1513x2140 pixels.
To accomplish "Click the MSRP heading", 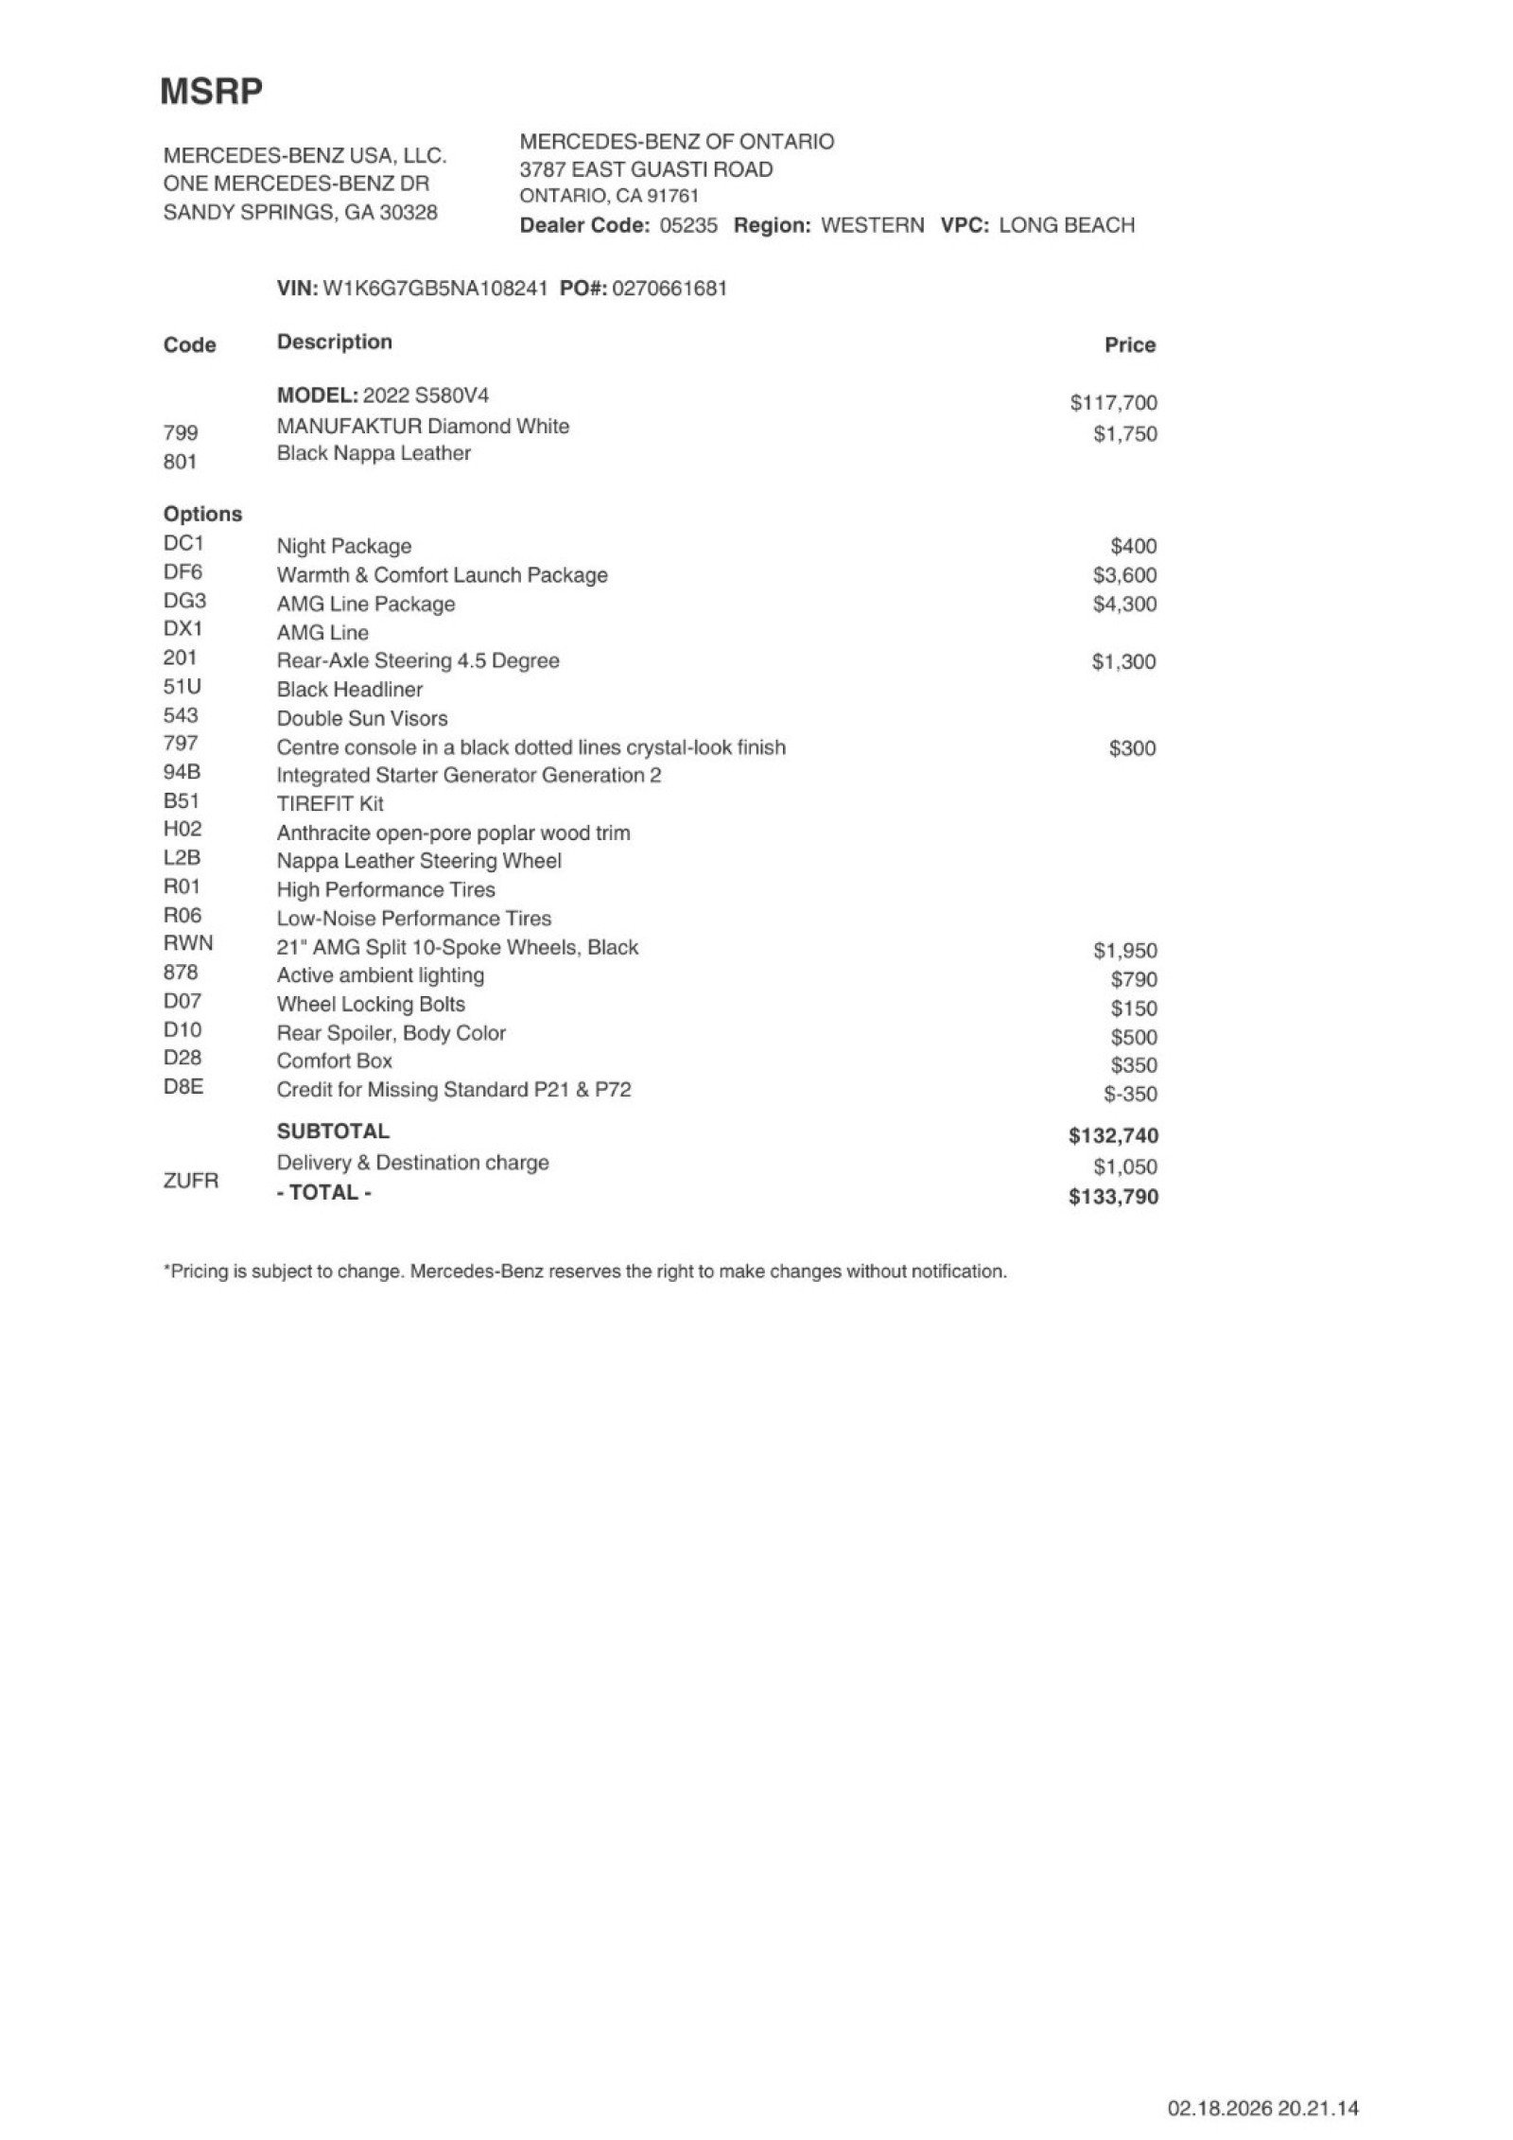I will (x=211, y=92).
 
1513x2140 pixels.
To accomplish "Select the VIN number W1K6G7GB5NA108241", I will (x=435, y=289).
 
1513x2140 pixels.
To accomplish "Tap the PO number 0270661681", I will (x=670, y=289).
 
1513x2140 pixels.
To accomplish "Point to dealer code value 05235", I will (x=688, y=225).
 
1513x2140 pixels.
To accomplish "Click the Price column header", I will (x=1130, y=345).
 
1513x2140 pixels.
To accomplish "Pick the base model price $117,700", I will (x=1113, y=403).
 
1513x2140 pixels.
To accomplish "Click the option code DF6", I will (x=183, y=572).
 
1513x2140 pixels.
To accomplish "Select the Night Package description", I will (x=344, y=546).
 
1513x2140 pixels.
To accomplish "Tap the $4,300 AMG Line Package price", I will (x=1124, y=604).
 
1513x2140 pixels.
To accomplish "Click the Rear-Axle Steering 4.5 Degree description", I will (x=418, y=660).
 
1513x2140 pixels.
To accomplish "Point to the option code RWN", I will (x=188, y=943).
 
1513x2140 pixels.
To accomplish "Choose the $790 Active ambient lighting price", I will (x=1134, y=979).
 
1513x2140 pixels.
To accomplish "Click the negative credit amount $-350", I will (x=1130, y=1094).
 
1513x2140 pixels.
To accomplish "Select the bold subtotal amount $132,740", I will (x=1113, y=1135).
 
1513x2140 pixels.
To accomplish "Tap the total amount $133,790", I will (x=1113, y=1197).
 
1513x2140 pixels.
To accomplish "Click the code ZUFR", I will (x=191, y=1181).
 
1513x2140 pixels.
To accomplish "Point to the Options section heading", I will (x=202, y=514).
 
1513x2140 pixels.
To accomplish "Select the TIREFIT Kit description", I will (x=330, y=804).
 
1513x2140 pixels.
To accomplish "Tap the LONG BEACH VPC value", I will (x=1067, y=225).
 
